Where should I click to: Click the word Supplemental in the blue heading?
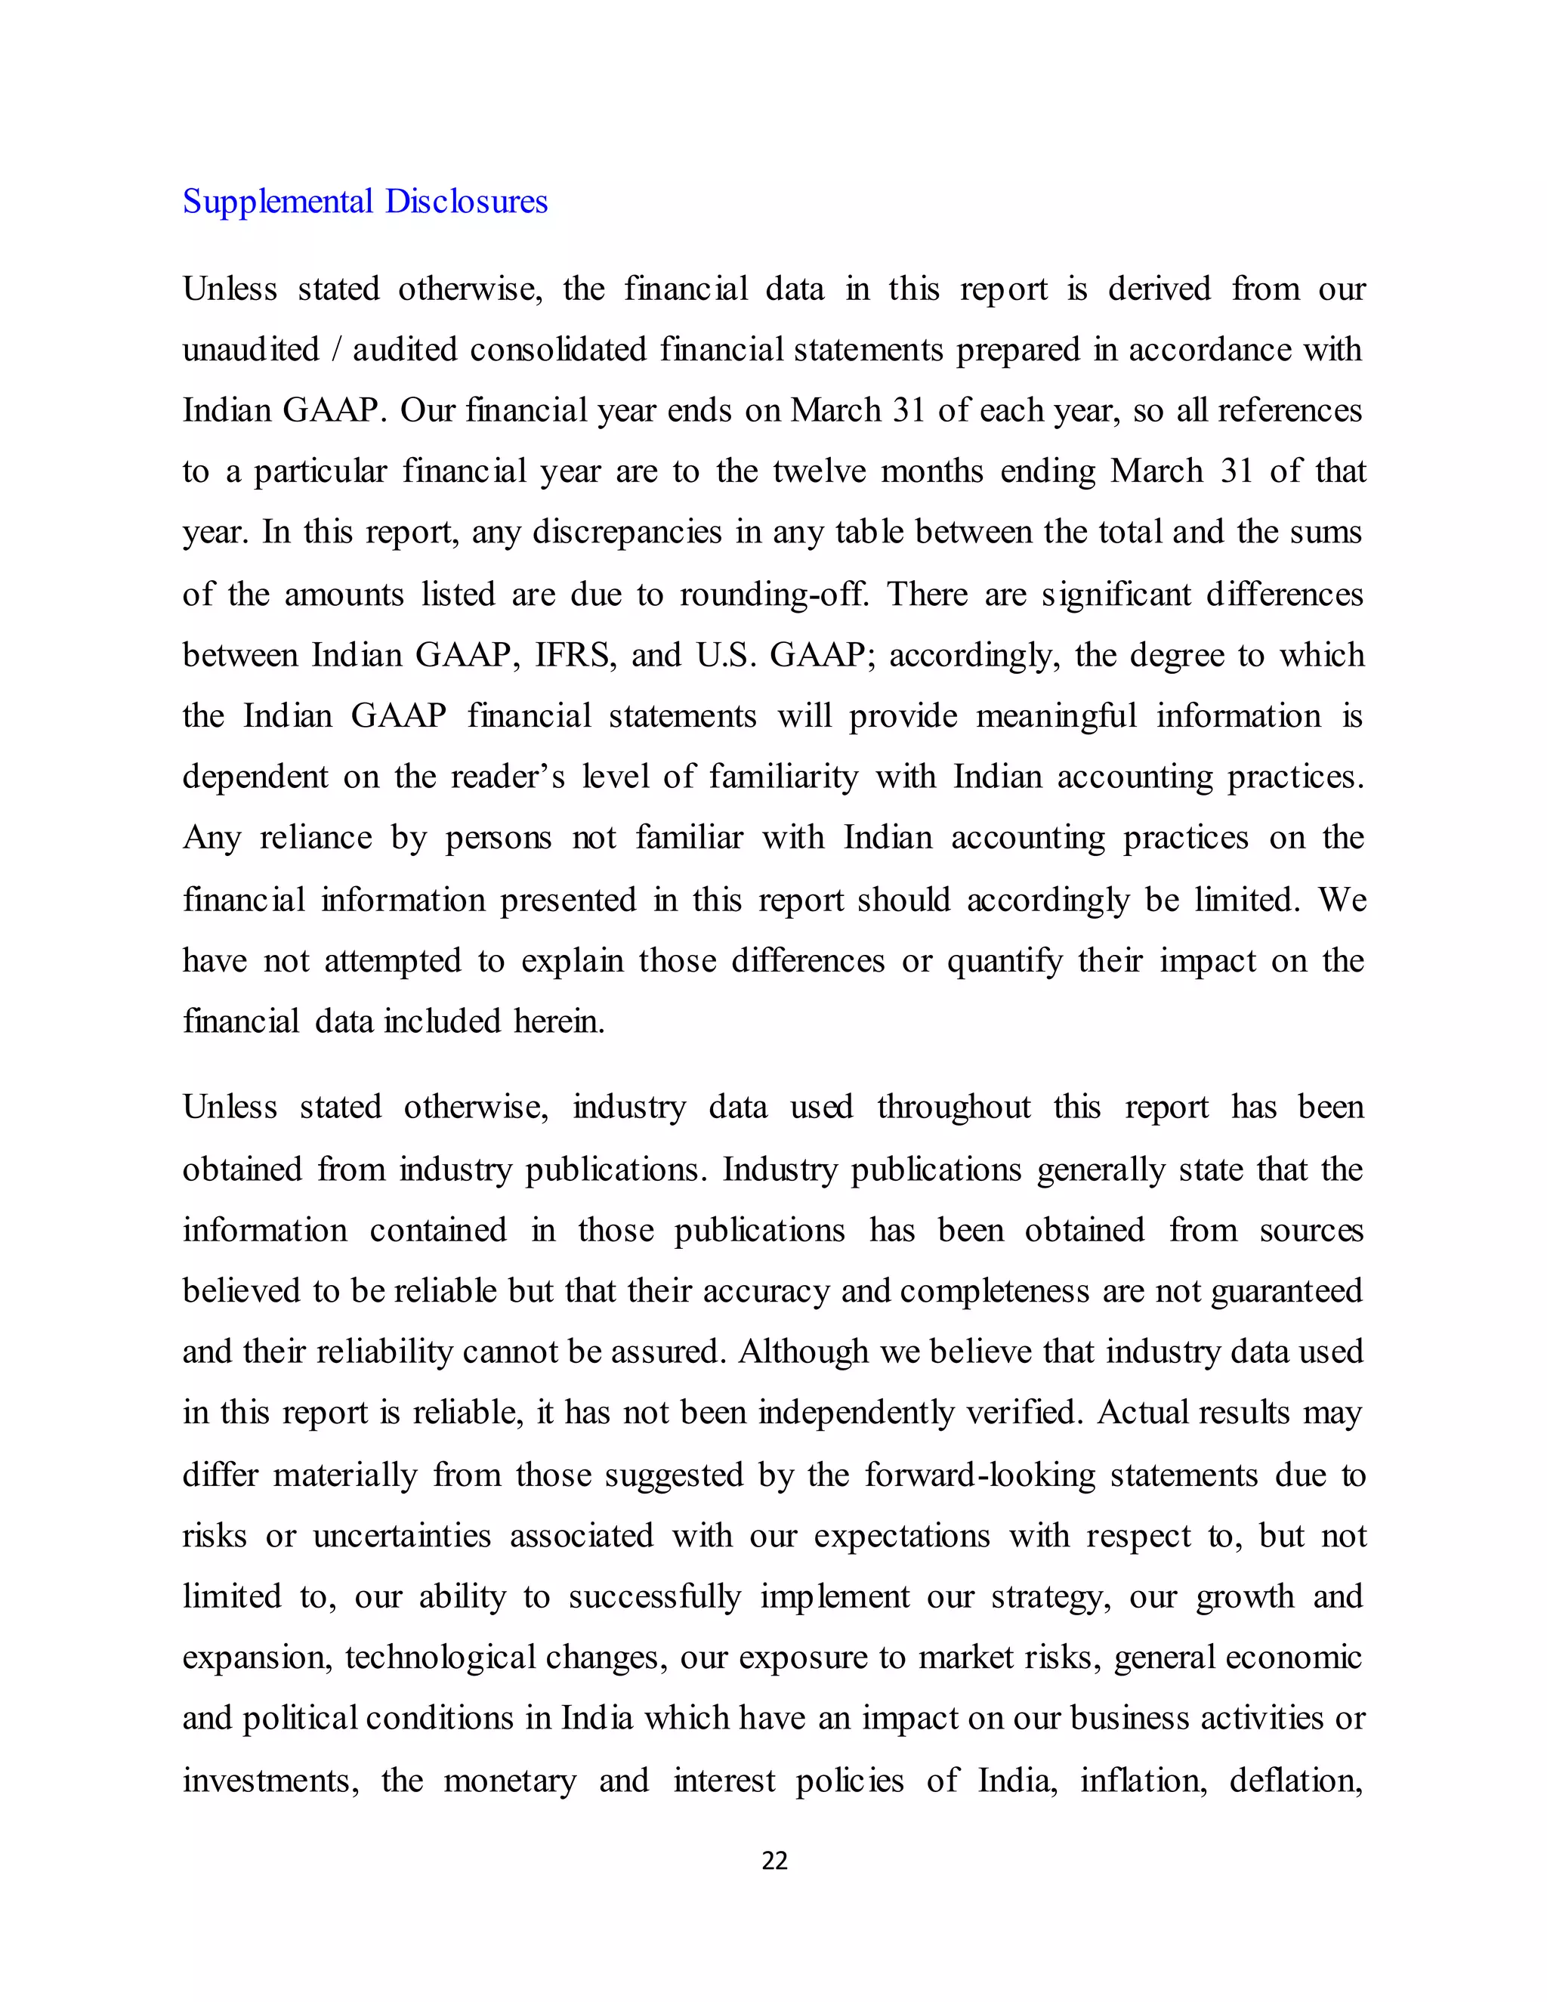276,202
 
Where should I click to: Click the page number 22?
774,1860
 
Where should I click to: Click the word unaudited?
250,351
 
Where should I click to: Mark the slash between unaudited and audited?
335,351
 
